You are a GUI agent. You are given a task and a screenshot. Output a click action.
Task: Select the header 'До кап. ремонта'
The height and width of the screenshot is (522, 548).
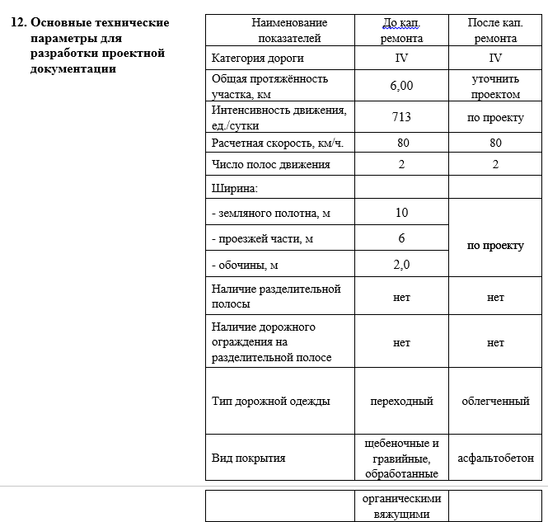[x=402, y=31]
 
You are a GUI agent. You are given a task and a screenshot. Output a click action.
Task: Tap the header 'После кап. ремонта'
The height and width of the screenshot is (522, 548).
[x=495, y=31]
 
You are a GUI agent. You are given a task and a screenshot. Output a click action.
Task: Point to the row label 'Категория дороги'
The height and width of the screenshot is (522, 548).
[x=258, y=59]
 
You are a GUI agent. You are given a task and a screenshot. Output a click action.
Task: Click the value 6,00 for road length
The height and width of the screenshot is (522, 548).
[x=401, y=86]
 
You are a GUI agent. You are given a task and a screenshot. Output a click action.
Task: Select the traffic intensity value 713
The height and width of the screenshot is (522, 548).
[x=401, y=117]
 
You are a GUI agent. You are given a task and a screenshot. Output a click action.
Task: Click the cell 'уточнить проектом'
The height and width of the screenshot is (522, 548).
[x=495, y=86]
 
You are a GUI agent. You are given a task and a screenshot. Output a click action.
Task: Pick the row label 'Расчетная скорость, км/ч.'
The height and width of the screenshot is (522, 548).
[x=277, y=143]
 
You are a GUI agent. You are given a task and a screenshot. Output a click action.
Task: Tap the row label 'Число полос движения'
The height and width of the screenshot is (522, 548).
[x=270, y=164]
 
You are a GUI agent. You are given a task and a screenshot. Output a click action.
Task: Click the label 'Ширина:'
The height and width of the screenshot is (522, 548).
[x=235, y=189]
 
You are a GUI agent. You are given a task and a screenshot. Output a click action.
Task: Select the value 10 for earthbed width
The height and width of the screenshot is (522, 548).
[x=401, y=213]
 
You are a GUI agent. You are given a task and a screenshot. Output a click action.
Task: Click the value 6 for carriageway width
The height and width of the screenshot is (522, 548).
[x=401, y=238]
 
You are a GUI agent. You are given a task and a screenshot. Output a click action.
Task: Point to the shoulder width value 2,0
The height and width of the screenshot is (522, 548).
[x=401, y=265]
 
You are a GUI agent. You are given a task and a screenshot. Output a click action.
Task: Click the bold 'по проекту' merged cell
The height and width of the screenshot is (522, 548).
[x=495, y=246]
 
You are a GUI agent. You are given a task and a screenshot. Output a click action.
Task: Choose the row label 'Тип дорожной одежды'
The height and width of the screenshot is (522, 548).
[x=270, y=402]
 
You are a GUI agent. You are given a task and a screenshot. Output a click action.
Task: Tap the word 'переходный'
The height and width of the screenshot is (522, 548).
[x=401, y=402]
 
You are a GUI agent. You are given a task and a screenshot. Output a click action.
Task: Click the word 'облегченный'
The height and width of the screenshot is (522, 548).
[x=495, y=402]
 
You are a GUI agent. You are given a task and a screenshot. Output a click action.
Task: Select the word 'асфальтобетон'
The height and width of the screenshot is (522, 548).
[x=495, y=458]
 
